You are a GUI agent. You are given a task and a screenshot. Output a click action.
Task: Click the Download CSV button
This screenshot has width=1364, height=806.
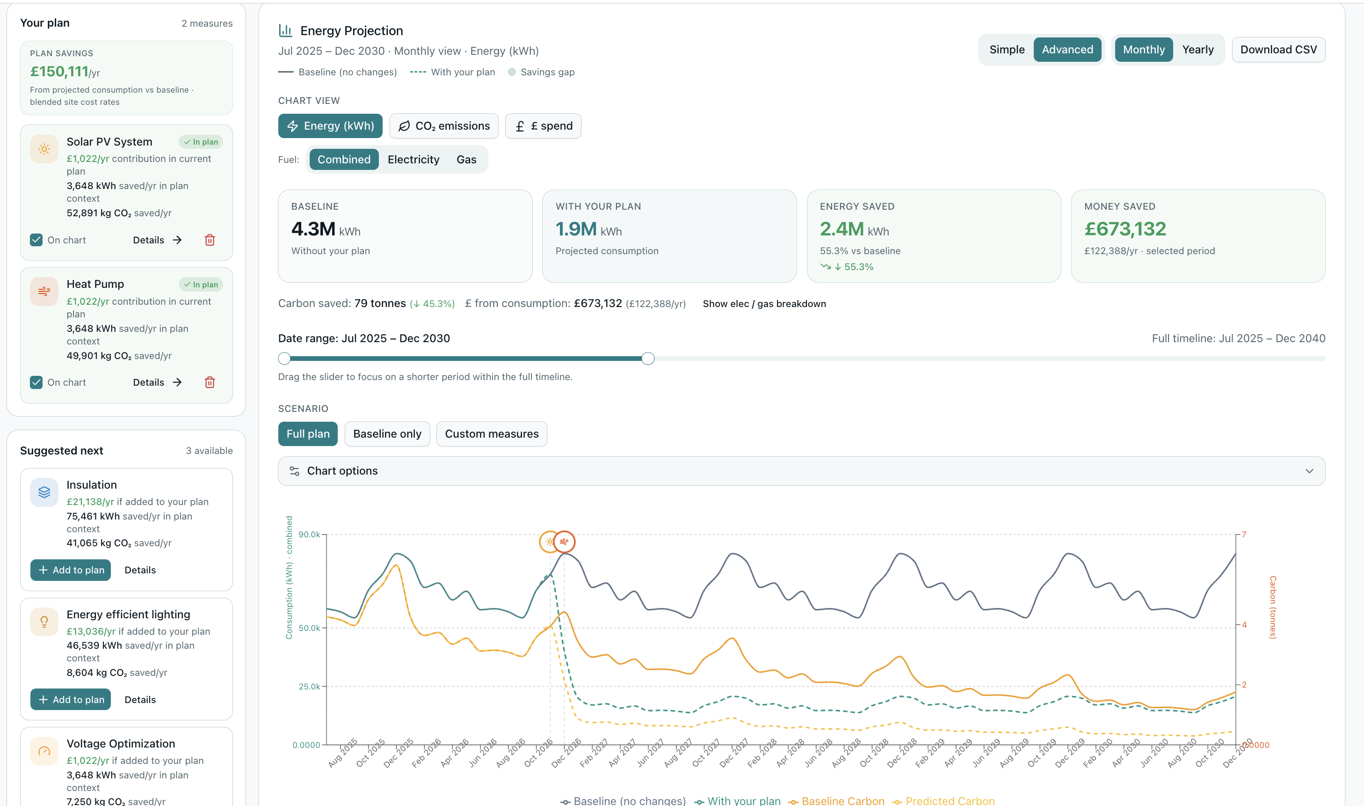1278,50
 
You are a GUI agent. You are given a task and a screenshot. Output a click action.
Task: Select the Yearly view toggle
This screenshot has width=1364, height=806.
1197,50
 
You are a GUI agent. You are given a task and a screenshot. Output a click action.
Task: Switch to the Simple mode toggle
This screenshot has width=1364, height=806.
1007,50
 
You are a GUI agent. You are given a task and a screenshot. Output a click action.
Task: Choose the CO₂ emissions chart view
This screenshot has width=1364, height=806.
444,126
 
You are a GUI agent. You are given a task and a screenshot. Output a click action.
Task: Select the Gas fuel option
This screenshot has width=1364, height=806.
466,160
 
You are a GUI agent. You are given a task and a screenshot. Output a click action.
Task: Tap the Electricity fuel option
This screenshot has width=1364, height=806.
413,160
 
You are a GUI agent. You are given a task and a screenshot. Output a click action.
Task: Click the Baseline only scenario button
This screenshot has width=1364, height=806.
387,434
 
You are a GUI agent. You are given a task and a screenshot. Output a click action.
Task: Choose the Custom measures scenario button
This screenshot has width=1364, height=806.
491,434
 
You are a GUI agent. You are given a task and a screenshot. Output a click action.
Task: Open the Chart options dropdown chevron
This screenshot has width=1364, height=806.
1309,471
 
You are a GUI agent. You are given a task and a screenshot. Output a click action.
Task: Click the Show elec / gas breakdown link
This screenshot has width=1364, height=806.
764,304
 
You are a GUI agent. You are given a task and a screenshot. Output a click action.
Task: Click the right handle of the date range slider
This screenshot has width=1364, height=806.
647,359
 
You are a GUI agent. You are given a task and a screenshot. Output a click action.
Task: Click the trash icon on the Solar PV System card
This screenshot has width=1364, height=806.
210,240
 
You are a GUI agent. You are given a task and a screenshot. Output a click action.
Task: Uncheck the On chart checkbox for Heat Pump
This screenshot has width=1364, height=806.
36,382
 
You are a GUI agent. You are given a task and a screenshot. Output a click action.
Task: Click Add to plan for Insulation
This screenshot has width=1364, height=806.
71,570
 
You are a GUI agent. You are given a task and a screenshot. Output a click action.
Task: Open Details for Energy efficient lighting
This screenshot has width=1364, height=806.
140,700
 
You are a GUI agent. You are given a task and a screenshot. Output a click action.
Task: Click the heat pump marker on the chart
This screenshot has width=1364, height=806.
565,542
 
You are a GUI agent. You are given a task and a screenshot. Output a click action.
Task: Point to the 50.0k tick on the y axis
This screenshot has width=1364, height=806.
309,628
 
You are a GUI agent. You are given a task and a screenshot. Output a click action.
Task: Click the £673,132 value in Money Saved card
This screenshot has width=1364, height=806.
1125,229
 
